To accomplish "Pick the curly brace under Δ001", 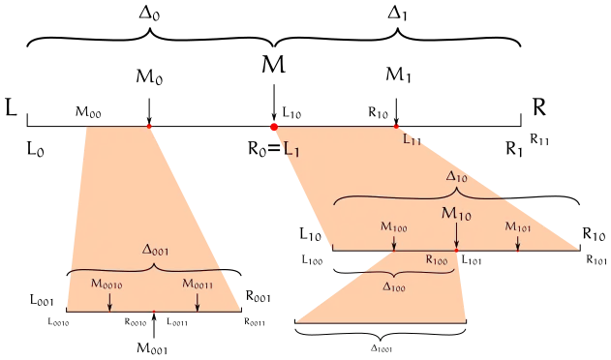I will click(146, 267).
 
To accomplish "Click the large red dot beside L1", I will click(274, 126).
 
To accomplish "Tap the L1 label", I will click(291, 148).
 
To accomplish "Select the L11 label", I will click(412, 140).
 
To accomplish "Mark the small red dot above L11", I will click(397, 126).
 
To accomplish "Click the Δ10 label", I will click(457, 178).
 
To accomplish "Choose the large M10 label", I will click(456, 213).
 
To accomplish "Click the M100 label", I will click(394, 226).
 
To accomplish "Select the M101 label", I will click(517, 226).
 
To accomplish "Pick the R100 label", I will click(437, 261).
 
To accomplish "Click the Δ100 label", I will click(395, 286).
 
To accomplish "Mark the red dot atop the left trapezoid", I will click(149, 126).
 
